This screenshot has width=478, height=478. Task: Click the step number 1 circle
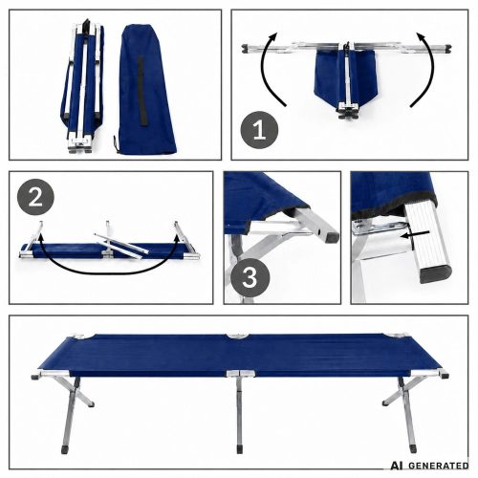(x=259, y=130)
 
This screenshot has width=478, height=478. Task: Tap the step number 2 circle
(x=35, y=197)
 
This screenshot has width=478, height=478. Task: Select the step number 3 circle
(x=250, y=277)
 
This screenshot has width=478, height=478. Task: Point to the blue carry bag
(x=147, y=89)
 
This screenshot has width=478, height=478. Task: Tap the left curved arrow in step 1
(x=270, y=69)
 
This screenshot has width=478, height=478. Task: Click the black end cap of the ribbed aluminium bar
(x=435, y=274)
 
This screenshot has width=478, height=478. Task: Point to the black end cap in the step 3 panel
(x=332, y=236)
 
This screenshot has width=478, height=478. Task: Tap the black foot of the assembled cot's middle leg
(x=240, y=449)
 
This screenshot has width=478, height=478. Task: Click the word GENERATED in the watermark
(x=438, y=466)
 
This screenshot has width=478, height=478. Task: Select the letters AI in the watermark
(x=398, y=466)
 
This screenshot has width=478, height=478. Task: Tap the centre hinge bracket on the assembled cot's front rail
(x=240, y=374)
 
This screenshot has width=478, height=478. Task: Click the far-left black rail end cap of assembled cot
(x=35, y=377)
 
